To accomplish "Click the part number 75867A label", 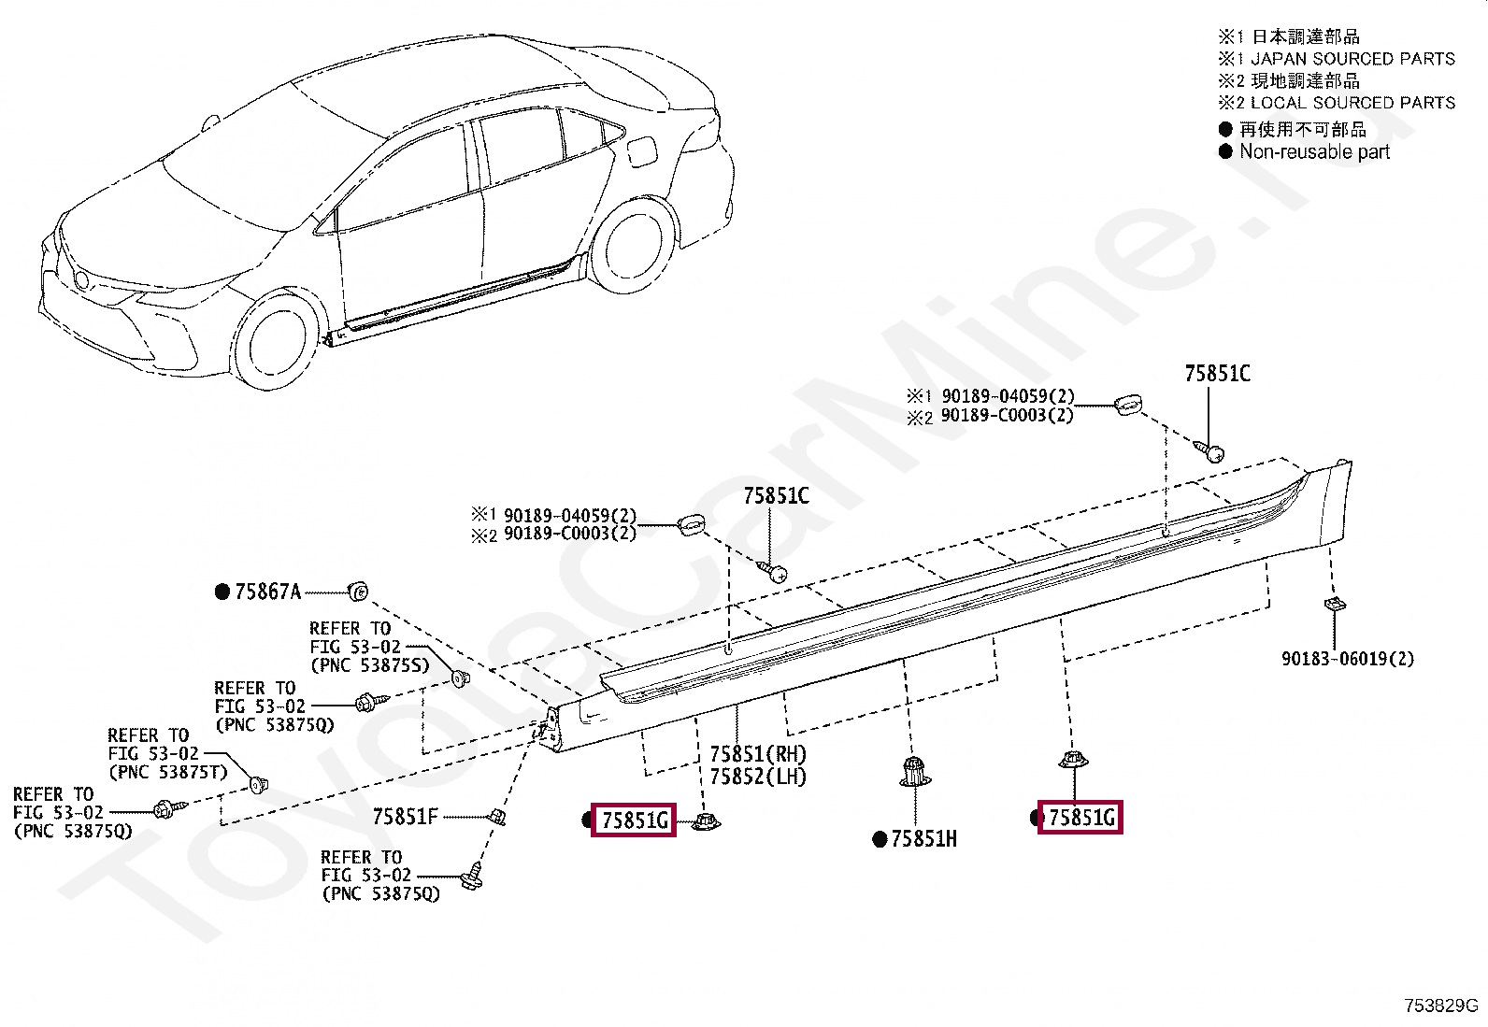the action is (x=267, y=592).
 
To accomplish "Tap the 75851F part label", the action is (x=405, y=817).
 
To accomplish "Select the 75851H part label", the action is (x=923, y=839).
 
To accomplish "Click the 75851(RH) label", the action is (x=757, y=754).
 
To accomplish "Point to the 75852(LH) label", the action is (x=757, y=777).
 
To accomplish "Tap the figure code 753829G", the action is (x=1440, y=1006).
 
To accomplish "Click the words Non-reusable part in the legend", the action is (x=1314, y=151).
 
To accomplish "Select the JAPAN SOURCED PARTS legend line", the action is (x=1352, y=59).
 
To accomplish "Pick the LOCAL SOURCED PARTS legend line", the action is (x=1352, y=103).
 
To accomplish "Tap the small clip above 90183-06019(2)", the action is (x=1334, y=605).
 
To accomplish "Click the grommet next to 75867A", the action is (x=357, y=591).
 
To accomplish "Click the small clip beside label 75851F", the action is (x=499, y=818).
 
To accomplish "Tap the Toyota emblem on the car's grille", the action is (x=82, y=279).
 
